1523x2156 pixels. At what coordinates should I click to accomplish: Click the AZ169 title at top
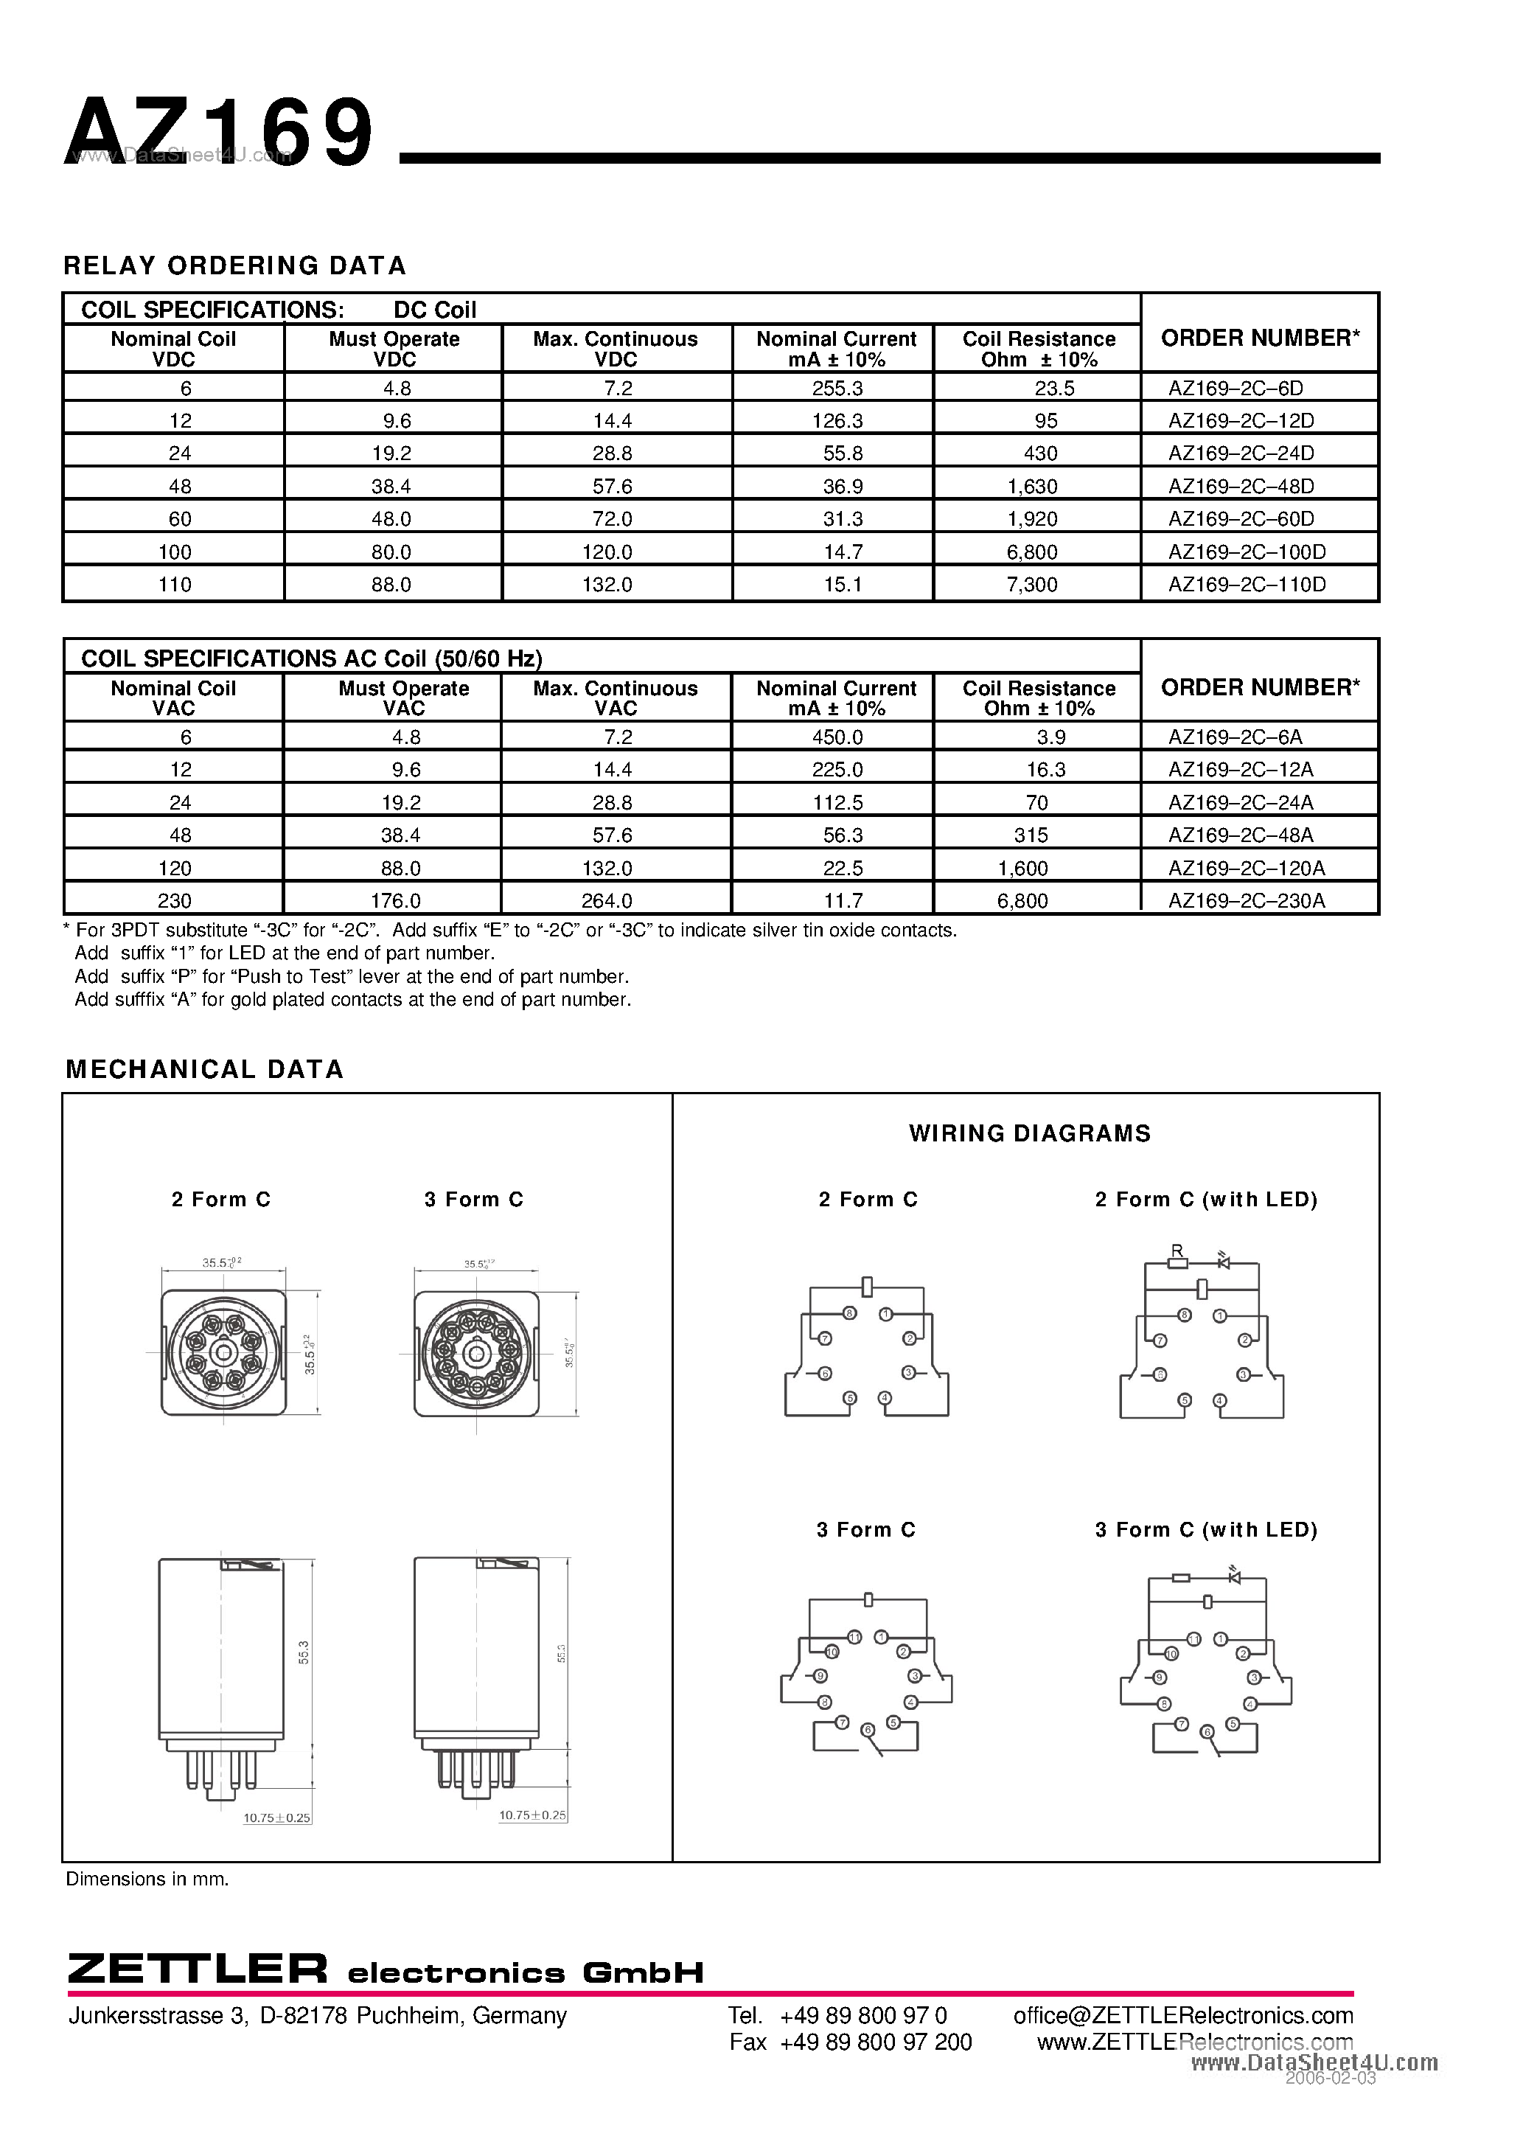click(x=220, y=134)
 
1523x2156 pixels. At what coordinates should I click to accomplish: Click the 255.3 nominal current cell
click(x=837, y=388)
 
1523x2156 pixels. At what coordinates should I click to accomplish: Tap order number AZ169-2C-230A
click(x=1246, y=900)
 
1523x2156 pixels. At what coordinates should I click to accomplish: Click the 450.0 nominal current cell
click(x=837, y=737)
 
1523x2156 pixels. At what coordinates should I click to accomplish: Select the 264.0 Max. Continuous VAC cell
click(x=607, y=900)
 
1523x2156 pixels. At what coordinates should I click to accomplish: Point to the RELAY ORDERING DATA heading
click(x=234, y=265)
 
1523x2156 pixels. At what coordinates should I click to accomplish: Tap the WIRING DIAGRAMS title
click(x=1029, y=1133)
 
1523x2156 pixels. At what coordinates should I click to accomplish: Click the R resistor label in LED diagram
click(x=1177, y=1251)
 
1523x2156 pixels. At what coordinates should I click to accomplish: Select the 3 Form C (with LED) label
click(x=1205, y=1530)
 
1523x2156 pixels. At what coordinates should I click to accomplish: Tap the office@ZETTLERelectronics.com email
click(x=1182, y=2015)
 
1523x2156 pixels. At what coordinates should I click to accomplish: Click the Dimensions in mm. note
click(x=147, y=1879)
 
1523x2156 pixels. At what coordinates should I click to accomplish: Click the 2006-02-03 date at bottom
click(x=1330, y=2078)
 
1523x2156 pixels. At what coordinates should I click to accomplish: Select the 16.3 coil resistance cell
click(x=1045, y=770)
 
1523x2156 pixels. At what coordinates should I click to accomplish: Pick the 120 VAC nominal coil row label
click(x=175, y=868)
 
